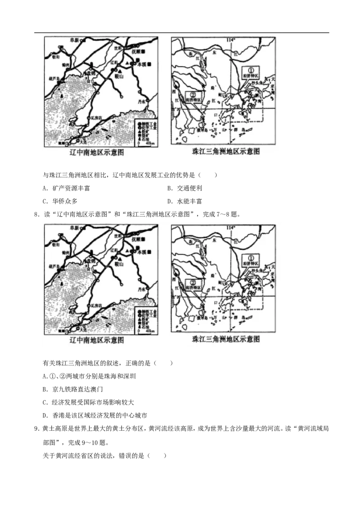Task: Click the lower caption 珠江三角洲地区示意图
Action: [225, 339]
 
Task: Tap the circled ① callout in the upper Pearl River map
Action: [251, 70]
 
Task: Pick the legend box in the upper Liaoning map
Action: [147, 133]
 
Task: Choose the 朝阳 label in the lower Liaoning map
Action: [56, 245]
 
